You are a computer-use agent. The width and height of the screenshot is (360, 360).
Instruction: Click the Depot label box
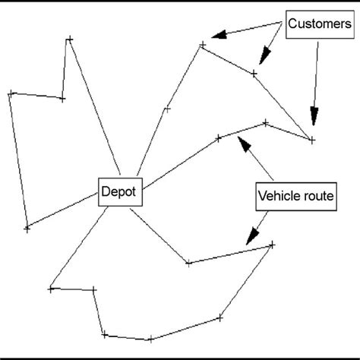[118, 193]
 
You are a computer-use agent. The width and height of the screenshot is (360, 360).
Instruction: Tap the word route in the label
[317, 197]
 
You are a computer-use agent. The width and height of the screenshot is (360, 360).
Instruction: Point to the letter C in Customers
[293, 24]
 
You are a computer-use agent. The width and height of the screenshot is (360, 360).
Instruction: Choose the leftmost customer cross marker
[11, 93]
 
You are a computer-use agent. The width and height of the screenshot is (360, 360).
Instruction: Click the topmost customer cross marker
[69, 38]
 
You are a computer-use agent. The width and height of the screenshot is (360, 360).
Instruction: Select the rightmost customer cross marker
[312, 139]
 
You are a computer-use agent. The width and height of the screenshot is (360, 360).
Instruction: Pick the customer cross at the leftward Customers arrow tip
[202, 46]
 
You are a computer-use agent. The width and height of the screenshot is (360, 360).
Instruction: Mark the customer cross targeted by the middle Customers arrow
[254, 74]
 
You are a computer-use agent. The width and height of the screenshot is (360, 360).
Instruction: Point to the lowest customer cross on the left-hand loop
[27, 226]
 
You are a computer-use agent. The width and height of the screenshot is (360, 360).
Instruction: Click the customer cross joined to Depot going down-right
[188, 264]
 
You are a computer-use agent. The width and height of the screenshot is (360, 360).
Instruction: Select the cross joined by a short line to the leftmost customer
[62, 99]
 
